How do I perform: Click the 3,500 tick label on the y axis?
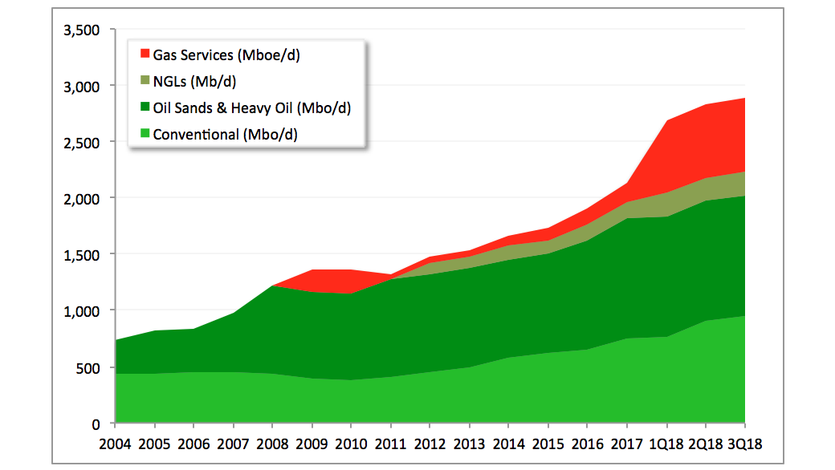pos(80,30)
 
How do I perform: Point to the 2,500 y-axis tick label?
pos(80,142)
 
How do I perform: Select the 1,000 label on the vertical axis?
pos(80,310)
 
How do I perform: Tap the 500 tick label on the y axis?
pos(87,368)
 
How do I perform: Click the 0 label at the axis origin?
pos(94,423)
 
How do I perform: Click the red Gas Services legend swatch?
pos(145,55)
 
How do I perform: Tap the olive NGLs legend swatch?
pos(145,81)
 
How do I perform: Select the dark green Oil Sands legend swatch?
pos(145,107)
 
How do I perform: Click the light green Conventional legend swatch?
pos(145,134)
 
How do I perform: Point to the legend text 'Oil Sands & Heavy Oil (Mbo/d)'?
pos(251,107)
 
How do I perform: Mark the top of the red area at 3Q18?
pos(744,99)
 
